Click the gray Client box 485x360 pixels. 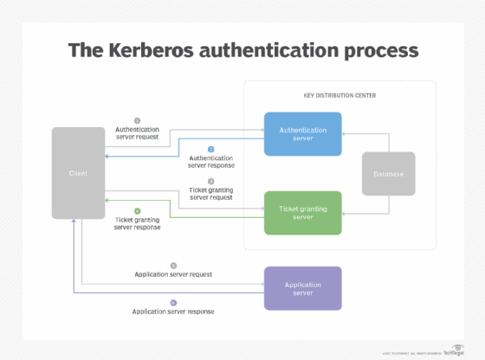click(78, 173)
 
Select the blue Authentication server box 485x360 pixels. click(302, 134)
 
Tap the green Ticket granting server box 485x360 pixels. click(302, 212)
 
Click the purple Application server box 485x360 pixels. click(302, 288)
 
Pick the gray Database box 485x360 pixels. click(388, 173)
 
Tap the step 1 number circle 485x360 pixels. click(137, 120)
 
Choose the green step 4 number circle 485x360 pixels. click(137, 210)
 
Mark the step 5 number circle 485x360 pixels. click(173, 266)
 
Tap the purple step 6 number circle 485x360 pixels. click(173, 303)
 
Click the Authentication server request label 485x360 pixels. click(137, 133)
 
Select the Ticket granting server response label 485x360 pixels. click(137, 224)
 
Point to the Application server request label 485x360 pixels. click(173, 274)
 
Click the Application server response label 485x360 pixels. click(173, 312)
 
